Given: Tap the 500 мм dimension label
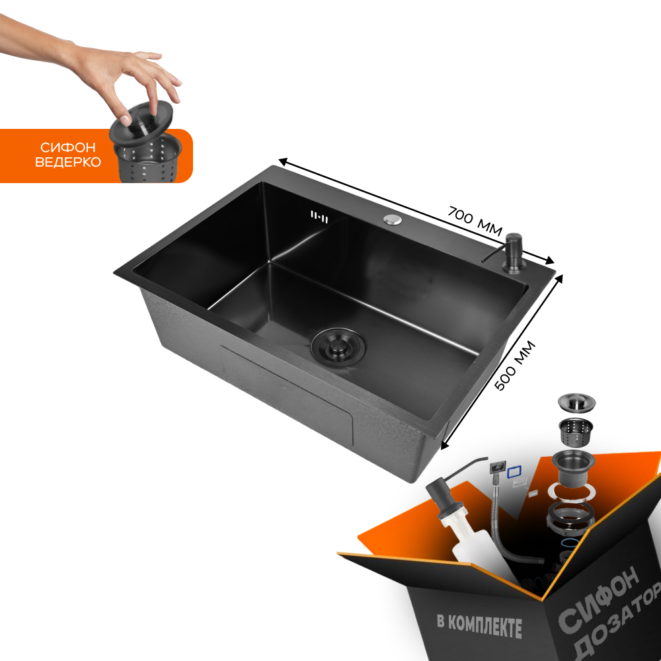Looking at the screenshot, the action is point(515,365).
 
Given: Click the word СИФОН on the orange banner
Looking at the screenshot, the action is point(68,147).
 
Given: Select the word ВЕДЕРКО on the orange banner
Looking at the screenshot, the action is point(68,163).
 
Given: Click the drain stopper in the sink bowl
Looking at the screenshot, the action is point(338,347).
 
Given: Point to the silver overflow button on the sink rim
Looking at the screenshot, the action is point(393,219).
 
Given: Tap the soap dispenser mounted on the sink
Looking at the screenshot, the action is point(512,253).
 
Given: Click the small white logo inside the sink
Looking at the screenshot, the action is point(319,217).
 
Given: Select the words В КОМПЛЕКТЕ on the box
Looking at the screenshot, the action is point(479,625).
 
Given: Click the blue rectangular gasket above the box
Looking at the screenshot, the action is point(514,472).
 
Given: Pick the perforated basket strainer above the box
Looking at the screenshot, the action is point(575,431).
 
